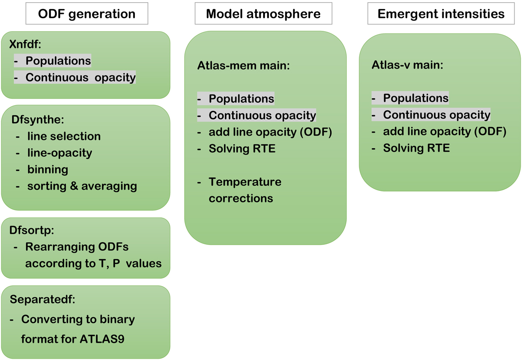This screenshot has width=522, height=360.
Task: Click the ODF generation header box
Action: [x=87, y=14]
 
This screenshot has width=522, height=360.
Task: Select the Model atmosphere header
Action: [x=263, y=14]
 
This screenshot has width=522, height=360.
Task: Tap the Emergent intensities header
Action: [x=441, y=14]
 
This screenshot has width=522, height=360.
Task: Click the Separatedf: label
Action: [x=36, y=300]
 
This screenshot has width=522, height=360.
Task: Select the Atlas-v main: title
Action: [x=406, y=66]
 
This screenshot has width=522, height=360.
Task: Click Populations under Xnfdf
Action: [x=58, y=61]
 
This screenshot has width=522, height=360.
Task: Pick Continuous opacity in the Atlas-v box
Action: [x=436, y=115]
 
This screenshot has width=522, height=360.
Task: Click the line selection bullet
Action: [x=64, y=136]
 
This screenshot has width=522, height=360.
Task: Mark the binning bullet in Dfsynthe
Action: [x=48, y=169]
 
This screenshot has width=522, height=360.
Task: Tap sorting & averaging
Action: [x=82, y=186]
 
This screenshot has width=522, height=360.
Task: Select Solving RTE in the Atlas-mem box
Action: [x=242, y=149]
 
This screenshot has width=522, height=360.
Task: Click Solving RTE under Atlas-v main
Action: [x=416, y=148]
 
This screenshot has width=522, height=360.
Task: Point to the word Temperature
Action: [x=245, y=182]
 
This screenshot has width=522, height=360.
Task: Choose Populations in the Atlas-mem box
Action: [x=241, y=99]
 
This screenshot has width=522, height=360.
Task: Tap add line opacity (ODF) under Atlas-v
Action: [x=445, y=132]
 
